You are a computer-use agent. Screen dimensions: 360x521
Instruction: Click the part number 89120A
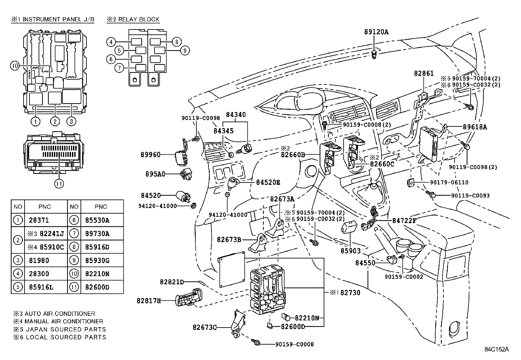[376, 32]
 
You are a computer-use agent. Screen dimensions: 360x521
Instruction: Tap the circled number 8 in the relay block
[176, 42]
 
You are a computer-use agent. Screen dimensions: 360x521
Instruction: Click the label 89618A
[475, 127]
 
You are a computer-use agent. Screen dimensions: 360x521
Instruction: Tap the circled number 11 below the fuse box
[59, 183]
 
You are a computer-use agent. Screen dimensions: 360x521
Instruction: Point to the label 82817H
[149, 300]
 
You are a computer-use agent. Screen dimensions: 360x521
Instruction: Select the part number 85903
[350, 251]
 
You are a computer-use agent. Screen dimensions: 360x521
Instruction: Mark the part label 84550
[365, 263]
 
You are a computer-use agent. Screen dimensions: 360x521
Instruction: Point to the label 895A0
[155, 174]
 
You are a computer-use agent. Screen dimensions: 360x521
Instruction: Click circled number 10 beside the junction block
[15, 66]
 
